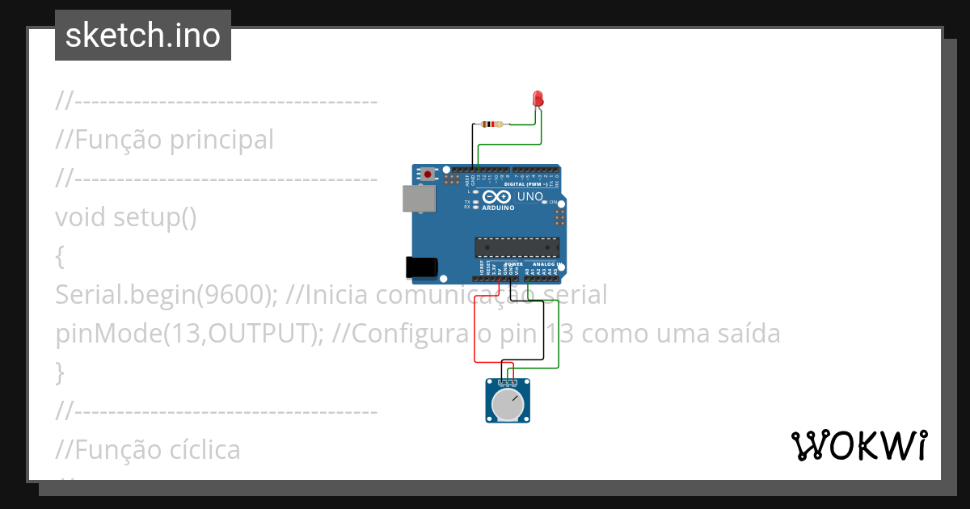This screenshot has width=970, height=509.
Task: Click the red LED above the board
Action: pos(538,99)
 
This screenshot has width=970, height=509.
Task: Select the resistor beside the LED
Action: pos(491,124)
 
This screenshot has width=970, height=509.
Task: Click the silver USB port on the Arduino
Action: pos(418,199)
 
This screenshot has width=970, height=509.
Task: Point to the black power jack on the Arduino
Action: pos(421,267)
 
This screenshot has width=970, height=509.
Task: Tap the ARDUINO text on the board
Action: pos(499,208)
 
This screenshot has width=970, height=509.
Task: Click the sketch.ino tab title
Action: pos(143,36)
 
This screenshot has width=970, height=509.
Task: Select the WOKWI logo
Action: pos(858,445)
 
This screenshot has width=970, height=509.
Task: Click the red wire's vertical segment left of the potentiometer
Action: pos(474,331)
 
